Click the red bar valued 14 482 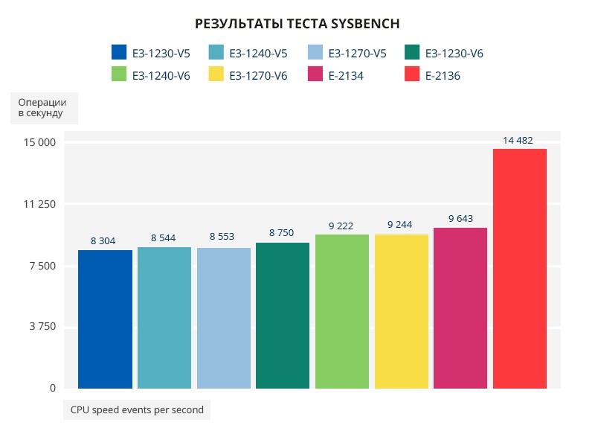519,268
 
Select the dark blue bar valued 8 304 105,319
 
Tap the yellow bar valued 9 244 401,311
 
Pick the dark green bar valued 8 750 283,315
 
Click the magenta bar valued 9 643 460,307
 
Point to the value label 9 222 341,225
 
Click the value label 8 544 164,237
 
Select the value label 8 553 222,237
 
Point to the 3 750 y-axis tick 42,327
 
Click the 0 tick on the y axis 53,388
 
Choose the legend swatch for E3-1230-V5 119,53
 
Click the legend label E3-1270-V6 258,75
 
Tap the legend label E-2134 346,75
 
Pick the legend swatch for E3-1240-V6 119,75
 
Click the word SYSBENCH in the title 363,24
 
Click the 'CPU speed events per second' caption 137,409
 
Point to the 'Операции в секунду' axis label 42,108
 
